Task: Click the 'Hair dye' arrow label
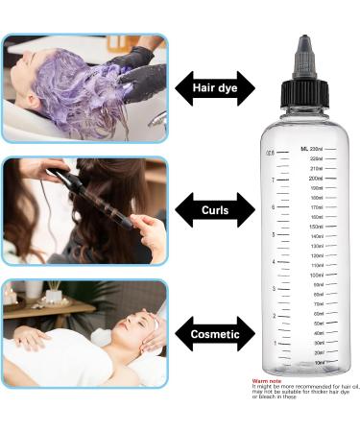tap(216, 88)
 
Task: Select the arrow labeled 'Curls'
tap(216, 209)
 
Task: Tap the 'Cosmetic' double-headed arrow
tap(216, 332)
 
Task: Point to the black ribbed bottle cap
tap(304, 92)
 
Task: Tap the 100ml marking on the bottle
tap(316, 276)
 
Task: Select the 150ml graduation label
tap(316, 227)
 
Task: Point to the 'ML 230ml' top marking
tap(311, 150)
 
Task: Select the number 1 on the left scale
tap(275, 343)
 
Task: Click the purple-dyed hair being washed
tap(77, 86)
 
